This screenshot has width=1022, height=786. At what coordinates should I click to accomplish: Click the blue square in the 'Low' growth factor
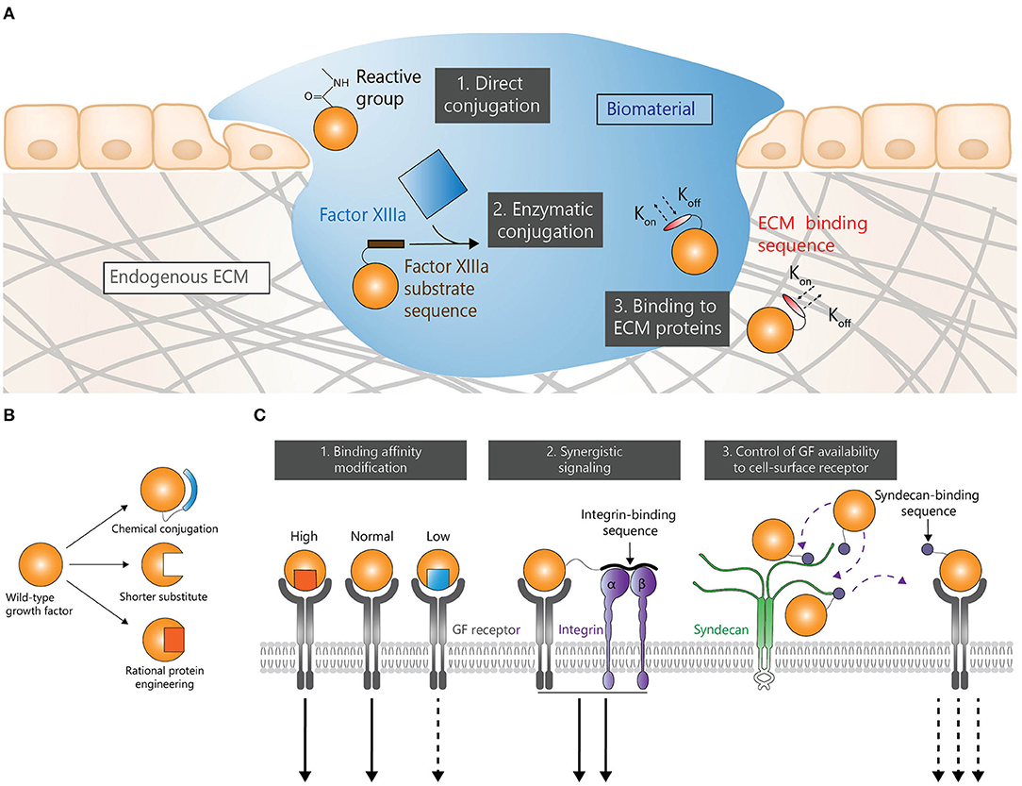point(437,577)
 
